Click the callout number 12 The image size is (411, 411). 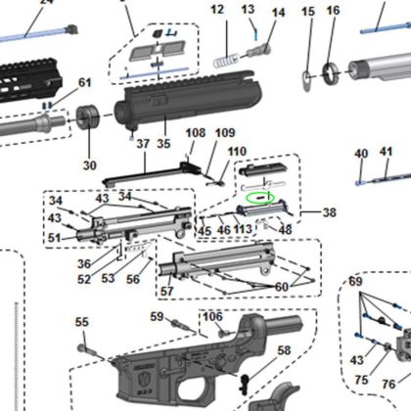click(x=217, y=10)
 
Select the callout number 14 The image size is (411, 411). click(x=278, y=13)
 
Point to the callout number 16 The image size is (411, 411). click(x=333, y=11)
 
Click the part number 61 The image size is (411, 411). click(x=84, y=83)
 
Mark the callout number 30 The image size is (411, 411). click(x=90, y=164)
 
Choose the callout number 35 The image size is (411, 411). click(x=163, y=144)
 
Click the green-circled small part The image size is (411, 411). click(x=259, y=197)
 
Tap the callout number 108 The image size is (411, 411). click(x=195, y=132)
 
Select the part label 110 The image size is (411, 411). click(x=237, y=152)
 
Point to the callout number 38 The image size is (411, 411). click(x=328, y=211)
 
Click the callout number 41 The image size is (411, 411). click(x=386, y=152)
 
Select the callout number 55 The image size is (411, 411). click(x=82, y=322)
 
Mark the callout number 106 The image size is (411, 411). click(x=212, y=317)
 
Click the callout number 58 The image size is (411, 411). click(x=284, y=349)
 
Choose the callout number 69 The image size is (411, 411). click(x=355, y=282)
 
